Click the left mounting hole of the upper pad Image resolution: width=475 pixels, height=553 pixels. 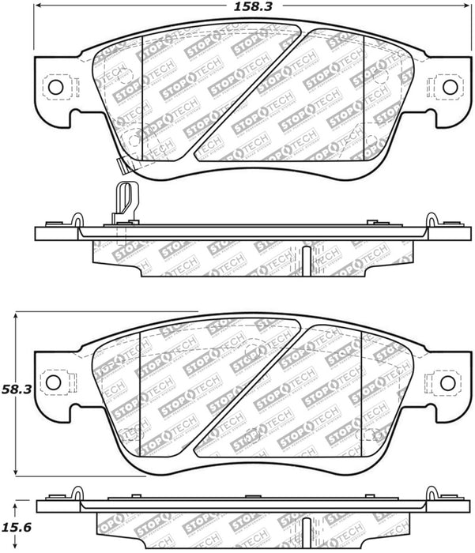click(55, 86)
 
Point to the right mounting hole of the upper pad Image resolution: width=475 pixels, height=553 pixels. click(449, 86)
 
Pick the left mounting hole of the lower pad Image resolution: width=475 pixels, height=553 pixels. click(53, 382)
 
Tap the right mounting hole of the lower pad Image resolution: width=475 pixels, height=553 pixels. click(447, 382)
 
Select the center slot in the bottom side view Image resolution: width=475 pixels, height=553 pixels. click(305, 537)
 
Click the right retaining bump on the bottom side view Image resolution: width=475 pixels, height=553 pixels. click(432, 496)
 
